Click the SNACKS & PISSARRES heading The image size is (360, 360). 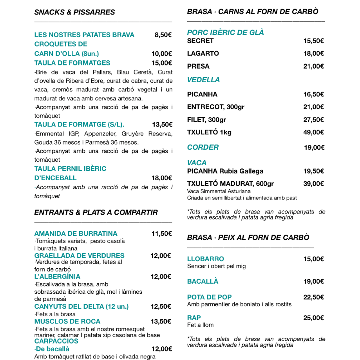pyautogui.click(x=74, y=12)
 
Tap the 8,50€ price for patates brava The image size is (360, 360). pyautogui.click(x=163, y=35)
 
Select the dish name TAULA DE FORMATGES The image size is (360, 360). pyautogui.click(x=72, y=63)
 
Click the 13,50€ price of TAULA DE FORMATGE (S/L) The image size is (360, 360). pyautogui.click(x=162, y=125)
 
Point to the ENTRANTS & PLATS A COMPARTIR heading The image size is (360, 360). pyautogui.click(x=96, y=212)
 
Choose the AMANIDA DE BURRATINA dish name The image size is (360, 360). pyautogui.click(x=76, y=233)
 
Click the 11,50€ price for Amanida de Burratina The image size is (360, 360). pyautogui.click(x=162, y=233)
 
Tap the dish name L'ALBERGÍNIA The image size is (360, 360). pyautogui.click(x=57, y=277)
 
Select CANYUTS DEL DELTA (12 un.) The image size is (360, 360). pyautogui.click(x=81, y=306)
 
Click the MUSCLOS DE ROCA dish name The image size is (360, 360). pyautogui.click(x=67, y=321)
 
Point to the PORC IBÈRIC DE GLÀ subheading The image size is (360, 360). pyautogui.click(x=225, y=33)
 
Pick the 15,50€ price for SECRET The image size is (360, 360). pyautogui.click(x=313, y=41)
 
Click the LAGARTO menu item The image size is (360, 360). pyautogui.click(x=203, y=53)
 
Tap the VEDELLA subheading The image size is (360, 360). pyautogui.click(x=203, y=80)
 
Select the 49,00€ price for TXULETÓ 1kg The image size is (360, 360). pyautogui.click(x=313, y=132)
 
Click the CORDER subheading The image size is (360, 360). pyautogui.click(x=203, y=147)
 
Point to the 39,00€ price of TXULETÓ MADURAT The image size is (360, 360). pyautogui.click(x=313, y=183)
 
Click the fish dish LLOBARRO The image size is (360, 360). pyautogui.click(x=206, y=259)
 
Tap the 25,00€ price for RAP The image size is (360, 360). pyautogui.click(x=313, y=318)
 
